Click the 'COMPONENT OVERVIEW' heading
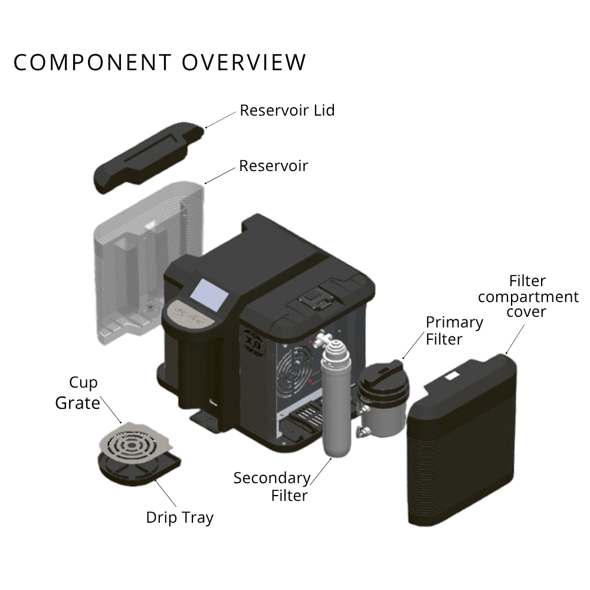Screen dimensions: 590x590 (160, 63)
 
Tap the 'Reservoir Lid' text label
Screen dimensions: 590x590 (287, 110)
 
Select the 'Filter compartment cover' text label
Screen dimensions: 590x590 (528, 296)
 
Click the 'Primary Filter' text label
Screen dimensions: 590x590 (454, 330)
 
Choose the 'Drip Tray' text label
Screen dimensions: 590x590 (179, 517)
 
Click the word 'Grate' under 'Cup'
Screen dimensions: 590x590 (77, 403)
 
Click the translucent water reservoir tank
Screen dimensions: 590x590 (147, 260)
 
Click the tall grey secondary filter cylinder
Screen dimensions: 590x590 (336, 407)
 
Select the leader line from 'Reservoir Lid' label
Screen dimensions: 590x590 (221, 119)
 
